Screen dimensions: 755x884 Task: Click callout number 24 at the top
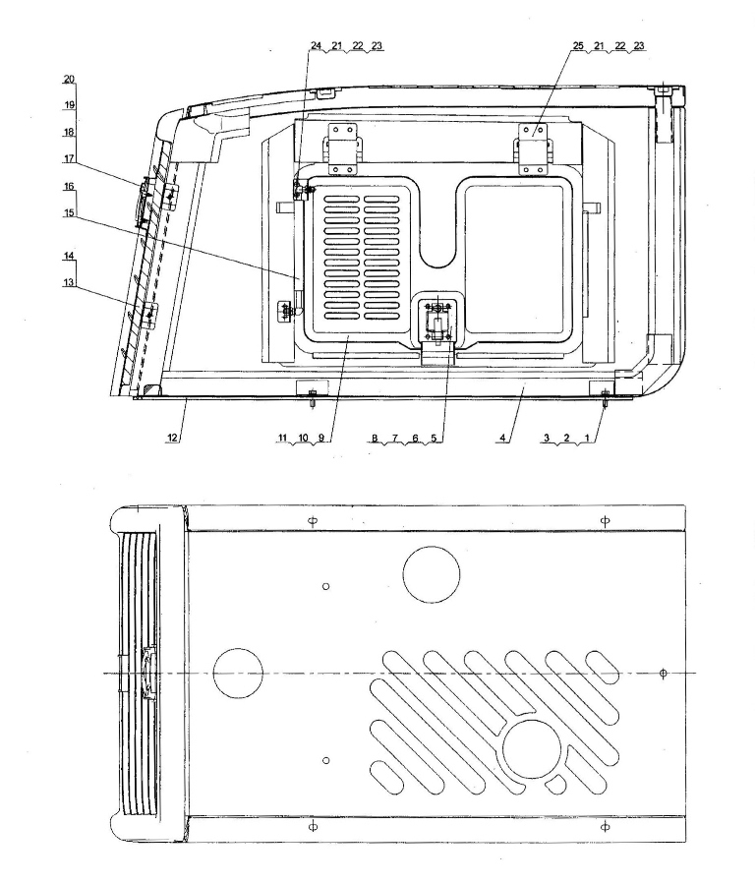[317, 45]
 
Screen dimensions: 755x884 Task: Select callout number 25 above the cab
[579, 45]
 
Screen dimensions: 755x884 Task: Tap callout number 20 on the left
[69, 79]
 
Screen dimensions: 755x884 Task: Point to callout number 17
[69, 159]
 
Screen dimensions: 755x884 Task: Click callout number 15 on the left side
[69, 212]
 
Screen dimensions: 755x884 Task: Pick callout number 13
[69, 282]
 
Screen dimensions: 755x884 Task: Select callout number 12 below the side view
[172, 438]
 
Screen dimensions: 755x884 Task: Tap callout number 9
[321, 438]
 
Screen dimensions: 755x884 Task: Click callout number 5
[434, 438]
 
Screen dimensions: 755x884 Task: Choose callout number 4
[503, 438]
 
